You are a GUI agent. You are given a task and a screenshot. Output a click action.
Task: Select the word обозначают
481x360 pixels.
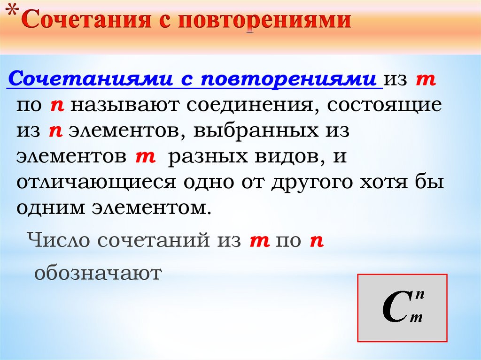98,273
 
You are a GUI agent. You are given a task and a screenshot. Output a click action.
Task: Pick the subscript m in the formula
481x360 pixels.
416,318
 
